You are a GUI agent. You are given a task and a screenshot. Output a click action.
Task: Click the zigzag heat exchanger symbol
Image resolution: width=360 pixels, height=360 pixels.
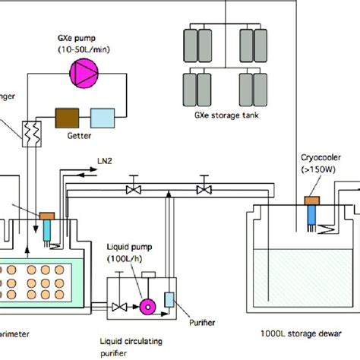pos(33,131)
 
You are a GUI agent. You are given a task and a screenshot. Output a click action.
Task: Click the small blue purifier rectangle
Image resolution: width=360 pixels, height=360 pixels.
pos(169,299)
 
